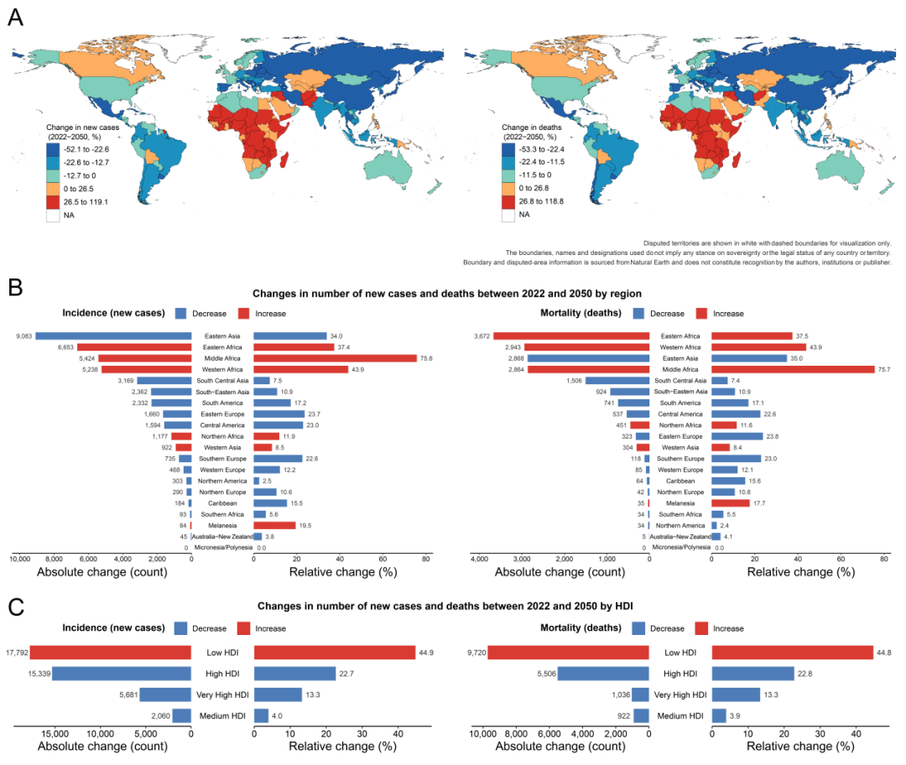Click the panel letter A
pyautogui.click(x=15, y=17)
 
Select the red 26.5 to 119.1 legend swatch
pyautogui.click(x=54, y=202)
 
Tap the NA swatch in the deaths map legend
pyautogui.click(x=508, y=216)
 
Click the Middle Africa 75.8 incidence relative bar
pyautogui.click(x=335, y=358)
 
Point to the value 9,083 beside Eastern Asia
pyautogui.click(x=24, y=336)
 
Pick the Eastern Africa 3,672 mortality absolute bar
pyautogui.click(x=570, y=336)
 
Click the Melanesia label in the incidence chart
pyautogui.click(x=222, y=525)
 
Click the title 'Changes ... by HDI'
pyautogui.click(x=452, y=605)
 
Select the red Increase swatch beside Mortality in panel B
pyautogui.click(x=700, y=314)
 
